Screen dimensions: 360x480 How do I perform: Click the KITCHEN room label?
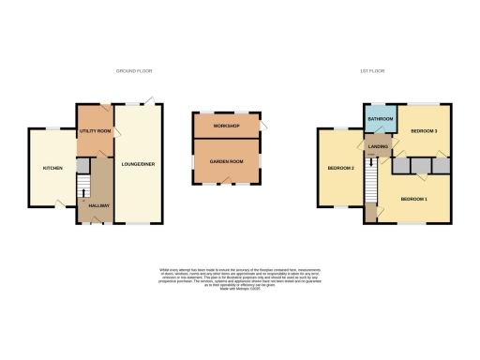point(52,168)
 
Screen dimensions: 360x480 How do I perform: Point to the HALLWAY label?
point(98,205)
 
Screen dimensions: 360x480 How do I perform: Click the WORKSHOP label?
point(227,126)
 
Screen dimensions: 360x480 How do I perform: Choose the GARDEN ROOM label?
point(227,160)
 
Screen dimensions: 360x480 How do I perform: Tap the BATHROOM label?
point(380,120)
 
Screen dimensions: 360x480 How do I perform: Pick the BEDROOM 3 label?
point(425,131)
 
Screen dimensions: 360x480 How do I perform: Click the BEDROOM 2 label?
point(339,169)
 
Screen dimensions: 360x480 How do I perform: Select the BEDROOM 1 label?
point(414,200)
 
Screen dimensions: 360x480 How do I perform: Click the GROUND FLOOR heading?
point(134,70)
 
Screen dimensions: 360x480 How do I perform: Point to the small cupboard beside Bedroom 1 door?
point(370,212)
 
